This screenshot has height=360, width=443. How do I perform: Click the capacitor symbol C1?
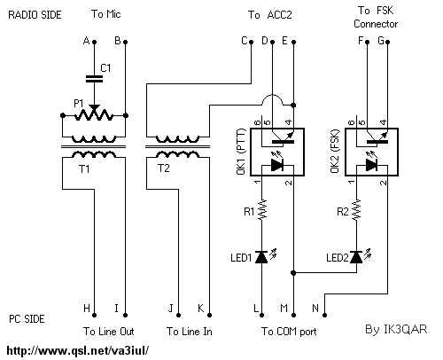[94, 79]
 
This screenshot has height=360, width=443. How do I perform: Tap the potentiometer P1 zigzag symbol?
[94, 115]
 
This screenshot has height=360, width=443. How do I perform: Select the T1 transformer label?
[84, 169]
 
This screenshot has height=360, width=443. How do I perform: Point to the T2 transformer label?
[164, 168]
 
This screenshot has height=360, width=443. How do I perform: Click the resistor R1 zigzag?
[262, 209]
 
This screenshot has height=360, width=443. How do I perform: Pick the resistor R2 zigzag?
[356, 209]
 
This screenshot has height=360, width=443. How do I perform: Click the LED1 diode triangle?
[261, 257]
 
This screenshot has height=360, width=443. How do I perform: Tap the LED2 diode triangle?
[356, 257]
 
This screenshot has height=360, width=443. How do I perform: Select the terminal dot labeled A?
[95, 43]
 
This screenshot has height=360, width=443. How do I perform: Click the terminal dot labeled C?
[252, 43]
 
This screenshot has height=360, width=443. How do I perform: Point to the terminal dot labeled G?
[388, 43]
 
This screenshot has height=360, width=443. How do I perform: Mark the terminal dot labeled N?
[324, 315]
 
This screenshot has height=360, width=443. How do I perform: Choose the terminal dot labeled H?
[95, 315]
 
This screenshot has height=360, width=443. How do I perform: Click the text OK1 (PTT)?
[241, 152]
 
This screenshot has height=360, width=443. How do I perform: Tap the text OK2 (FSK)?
[336, 151]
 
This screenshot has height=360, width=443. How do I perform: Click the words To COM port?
[289, 332]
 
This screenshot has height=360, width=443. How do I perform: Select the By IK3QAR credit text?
[396, 329]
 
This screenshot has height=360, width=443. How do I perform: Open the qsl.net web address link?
[78, 351]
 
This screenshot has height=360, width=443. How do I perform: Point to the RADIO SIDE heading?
[35, 15]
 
